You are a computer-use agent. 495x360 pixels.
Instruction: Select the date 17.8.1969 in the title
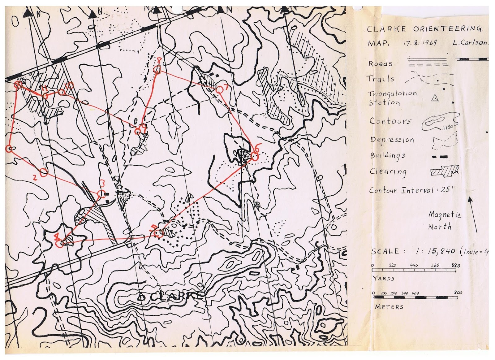[x=420, y=43]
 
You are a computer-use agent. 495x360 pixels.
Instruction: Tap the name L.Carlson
[x=469, y=43]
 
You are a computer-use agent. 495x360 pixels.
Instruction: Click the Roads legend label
[x=380, y=64]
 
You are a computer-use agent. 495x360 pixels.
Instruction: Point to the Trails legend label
[x=380, y=79]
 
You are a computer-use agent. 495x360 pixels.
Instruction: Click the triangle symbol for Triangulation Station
[x=435, y=98]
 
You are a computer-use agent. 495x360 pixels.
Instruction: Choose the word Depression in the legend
[x=392, y=140]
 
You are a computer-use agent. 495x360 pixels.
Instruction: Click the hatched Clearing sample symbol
[x=444, y=171]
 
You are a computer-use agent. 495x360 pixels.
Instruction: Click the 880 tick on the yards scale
[x=456, y=266]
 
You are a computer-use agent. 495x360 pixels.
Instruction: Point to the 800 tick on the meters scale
[x=458, y=293]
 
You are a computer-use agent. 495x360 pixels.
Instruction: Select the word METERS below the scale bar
[x=389, y=307]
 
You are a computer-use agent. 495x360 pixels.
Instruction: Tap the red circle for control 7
[x=219, y=90]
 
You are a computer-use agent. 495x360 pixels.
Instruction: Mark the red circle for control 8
[x=157, y=70]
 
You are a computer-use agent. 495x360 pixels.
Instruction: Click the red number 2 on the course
[x=35, y=178]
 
